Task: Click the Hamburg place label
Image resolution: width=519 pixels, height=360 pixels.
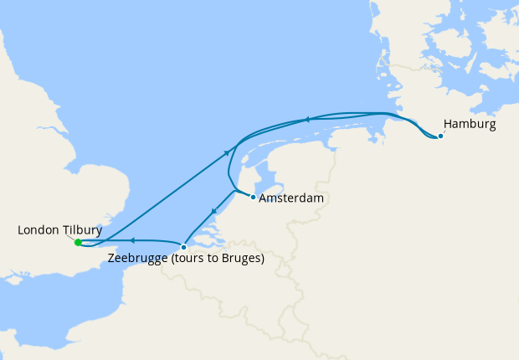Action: coord(470,125)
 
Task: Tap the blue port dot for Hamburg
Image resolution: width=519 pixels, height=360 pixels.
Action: coord(441,136)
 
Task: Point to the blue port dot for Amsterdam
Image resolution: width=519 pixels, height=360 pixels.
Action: coord(254,198)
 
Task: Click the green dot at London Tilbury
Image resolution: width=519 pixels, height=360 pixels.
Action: coord(78,243)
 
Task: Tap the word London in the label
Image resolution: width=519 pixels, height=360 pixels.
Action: coord(39,229)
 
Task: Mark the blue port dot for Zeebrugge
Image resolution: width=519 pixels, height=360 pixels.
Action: coord(183,247)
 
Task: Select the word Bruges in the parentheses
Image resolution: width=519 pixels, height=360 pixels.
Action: coord(239,259)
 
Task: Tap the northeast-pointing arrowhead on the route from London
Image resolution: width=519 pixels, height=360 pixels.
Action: coord(227,152)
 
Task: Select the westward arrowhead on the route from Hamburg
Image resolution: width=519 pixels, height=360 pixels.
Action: coord(307,119)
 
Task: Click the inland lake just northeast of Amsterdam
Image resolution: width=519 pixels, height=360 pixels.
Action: coord(270,177)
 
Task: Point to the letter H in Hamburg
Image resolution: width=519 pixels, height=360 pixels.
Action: coord(448,125)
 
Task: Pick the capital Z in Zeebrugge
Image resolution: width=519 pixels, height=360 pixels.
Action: coord(112,259)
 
